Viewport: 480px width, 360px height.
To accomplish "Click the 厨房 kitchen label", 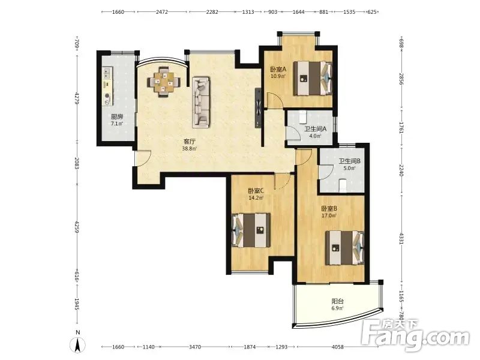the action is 117,116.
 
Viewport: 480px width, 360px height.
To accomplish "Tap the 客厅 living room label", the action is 189,142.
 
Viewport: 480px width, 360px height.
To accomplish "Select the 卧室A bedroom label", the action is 278,70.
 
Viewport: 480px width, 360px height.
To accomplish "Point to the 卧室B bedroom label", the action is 329,209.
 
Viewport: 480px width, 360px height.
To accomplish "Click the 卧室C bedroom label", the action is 256,191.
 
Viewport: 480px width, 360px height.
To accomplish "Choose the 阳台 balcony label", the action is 337,301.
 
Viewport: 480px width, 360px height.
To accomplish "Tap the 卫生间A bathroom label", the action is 316,129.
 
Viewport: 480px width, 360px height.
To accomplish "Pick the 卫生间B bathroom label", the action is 349,161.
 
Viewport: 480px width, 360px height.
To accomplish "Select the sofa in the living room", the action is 201,102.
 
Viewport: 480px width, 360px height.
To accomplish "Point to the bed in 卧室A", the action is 313,79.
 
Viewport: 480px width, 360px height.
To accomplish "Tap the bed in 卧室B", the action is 344,248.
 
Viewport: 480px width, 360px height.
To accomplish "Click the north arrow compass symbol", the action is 78,345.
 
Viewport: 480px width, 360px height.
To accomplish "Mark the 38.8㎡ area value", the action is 189,149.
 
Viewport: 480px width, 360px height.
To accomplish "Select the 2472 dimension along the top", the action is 162,12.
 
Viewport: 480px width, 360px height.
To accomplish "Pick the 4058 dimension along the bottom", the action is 338,347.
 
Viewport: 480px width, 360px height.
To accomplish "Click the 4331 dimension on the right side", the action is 401,238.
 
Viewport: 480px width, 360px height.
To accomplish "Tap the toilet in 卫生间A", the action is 303,116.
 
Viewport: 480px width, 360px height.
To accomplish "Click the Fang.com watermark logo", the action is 415,335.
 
